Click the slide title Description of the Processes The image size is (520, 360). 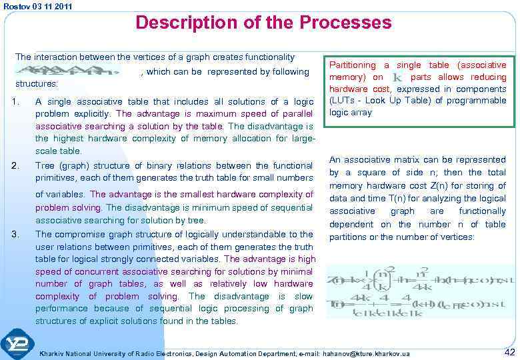tap(263, 23)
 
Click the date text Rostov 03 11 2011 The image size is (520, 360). tap(37, 6)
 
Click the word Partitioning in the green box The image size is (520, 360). tap(353, 65)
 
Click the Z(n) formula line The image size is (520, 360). tap(420, 278)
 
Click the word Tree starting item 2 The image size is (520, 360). tap(45, 165)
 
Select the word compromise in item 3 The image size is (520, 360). tap(81, 234)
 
